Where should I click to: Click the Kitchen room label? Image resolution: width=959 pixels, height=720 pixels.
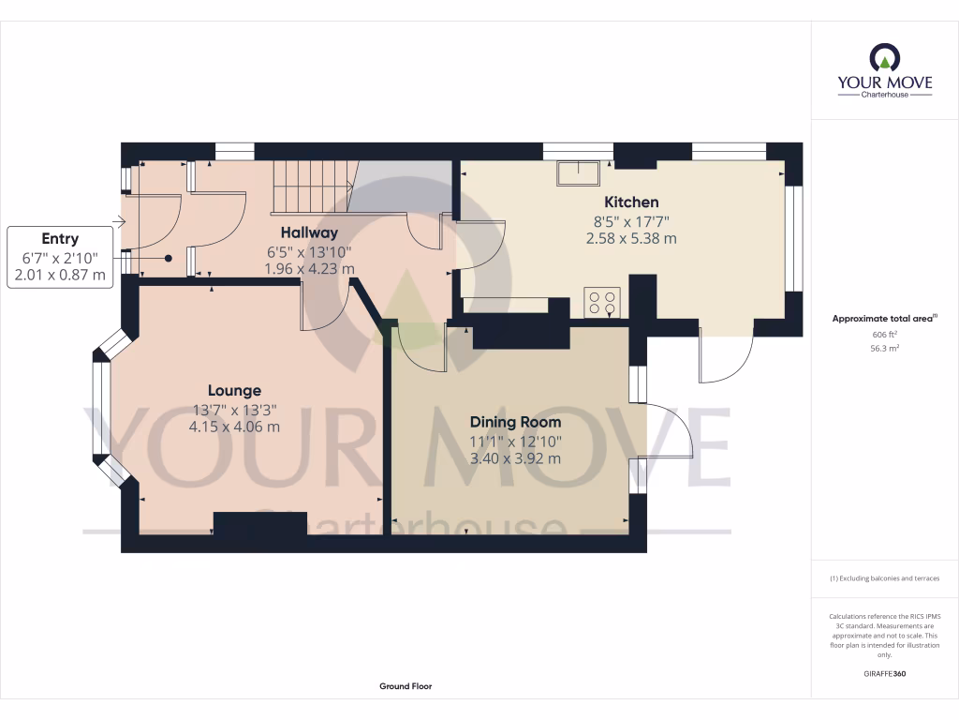tap(631, 202)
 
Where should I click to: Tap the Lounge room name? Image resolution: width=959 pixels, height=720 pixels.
tap(234, 390)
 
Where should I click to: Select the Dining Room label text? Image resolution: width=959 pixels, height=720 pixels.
tap(515, 422)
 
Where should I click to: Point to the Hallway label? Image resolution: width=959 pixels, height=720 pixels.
tap(309, 232)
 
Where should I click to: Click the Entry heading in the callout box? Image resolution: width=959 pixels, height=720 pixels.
tap(60, 239)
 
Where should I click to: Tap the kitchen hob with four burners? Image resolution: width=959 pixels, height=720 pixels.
tap(602, 302)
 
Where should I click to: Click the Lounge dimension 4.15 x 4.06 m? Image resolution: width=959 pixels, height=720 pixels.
tap(234, 427)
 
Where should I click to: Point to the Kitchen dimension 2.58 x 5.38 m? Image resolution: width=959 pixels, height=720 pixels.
tap(631, 239)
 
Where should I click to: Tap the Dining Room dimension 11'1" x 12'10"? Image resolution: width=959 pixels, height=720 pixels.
tap(515, 442)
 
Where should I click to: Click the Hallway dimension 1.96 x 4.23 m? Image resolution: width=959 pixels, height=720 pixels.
tap(309, 269)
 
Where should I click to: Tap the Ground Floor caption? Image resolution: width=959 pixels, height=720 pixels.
tap(406, 686)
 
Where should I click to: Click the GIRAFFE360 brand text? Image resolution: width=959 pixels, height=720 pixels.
tap(884, 674)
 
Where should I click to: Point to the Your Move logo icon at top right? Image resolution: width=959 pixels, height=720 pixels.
tap(884, 59)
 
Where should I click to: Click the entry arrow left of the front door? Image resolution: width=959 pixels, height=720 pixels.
tap(118, 222)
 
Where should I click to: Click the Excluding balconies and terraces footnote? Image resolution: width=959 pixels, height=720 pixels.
tap(884, 578)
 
